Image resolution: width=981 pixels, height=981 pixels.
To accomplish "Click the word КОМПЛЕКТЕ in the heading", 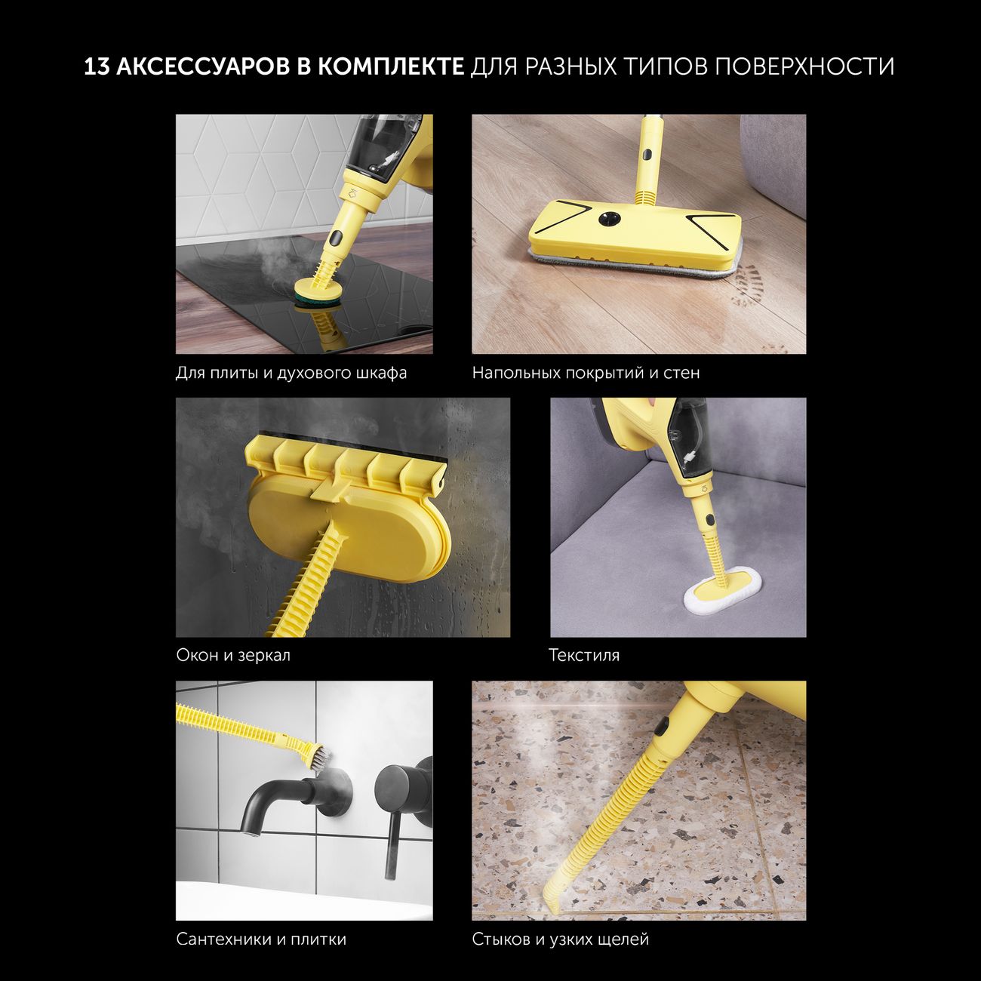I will [389, 67].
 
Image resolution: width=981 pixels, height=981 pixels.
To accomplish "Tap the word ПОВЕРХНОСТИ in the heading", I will [804, 67].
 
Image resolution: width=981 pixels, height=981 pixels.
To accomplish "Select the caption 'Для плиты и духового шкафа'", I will [291, 373].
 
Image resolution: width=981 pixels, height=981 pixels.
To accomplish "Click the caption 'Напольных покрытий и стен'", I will [586, 373].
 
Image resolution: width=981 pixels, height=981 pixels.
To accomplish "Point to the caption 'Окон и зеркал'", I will [233, 655].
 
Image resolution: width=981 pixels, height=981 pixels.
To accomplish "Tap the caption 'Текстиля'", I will [584, 655].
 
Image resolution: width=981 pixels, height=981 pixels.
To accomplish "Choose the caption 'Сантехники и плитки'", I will [261, 939].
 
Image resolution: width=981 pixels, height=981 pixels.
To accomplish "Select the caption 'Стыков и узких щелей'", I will [560, 939].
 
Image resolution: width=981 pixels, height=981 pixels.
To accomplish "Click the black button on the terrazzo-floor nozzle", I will [662, 727].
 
